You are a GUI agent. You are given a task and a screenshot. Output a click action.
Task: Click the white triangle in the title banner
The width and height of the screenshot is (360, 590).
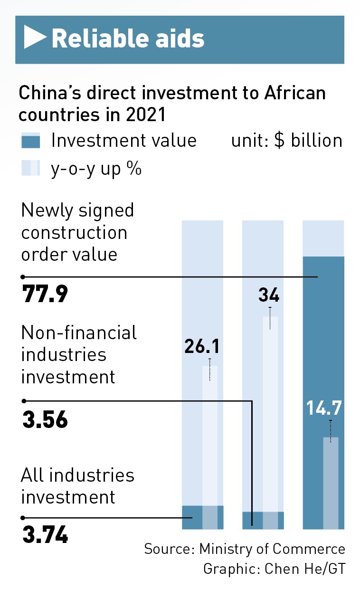35,38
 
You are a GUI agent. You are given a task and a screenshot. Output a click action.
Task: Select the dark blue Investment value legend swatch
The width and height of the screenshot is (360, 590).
31,141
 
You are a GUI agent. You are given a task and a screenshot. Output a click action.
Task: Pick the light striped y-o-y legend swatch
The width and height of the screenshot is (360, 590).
31,169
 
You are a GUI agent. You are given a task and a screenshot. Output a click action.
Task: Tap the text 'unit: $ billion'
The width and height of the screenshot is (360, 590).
286,141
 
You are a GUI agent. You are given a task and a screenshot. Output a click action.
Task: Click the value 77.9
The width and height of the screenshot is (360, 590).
45,295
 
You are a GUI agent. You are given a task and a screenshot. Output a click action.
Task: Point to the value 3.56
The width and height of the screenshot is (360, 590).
45,420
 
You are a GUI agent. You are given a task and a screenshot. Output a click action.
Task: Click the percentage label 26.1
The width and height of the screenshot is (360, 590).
202,348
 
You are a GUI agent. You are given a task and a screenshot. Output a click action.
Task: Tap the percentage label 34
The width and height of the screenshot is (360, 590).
269,296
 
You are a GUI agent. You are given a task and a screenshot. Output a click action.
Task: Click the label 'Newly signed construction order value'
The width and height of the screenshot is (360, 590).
77,232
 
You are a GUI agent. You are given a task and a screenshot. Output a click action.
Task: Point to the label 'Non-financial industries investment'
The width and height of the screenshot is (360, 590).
79,354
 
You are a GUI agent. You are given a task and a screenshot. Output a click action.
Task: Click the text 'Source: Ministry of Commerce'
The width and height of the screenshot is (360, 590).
245,549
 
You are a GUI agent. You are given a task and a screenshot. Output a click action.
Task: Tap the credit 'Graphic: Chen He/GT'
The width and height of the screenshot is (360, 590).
274,569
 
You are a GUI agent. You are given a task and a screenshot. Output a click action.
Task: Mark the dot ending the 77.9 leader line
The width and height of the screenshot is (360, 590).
23,276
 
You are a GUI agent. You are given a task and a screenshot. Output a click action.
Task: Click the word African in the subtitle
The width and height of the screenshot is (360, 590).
294,93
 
